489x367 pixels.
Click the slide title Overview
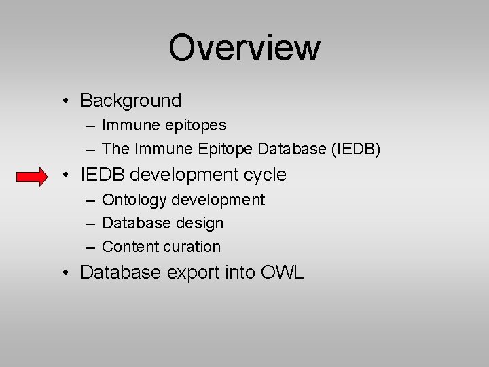pos(244,48)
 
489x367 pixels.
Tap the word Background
pos(131,101)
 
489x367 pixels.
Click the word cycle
pos(264,175)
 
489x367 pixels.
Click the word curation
pos(192,247)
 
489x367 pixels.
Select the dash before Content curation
pos(91,247)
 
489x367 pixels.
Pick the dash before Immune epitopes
pos(91,126)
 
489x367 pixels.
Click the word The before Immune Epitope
pos(115,149)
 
